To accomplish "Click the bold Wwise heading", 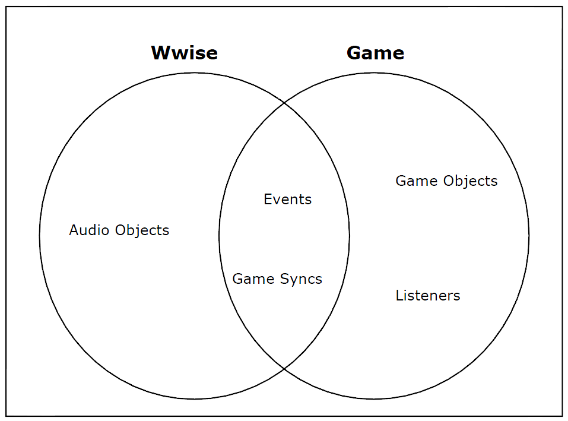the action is click(x=185, y=52).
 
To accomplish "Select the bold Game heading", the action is click(x=375, y=53).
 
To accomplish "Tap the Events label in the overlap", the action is click(x=288, y=200).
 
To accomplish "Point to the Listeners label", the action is click(x=428, y=295).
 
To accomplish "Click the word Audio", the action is click(x=89, y=230).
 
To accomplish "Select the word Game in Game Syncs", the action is click(x=253, y=279).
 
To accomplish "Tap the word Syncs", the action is click(x=301, y=280).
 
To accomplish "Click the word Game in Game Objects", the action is click(x=417, y=181).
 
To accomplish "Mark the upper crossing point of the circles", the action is click(x=284, y=103).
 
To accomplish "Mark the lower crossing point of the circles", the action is click(x=284, y=369).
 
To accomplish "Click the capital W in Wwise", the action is click(x=160, y=53).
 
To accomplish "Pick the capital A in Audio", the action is click(x=74, y=230).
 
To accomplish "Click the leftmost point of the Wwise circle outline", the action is click(x=40, y=236).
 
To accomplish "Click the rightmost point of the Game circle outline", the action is click(x=529, y=236).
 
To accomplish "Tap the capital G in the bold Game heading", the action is click(x=354, y=53).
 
